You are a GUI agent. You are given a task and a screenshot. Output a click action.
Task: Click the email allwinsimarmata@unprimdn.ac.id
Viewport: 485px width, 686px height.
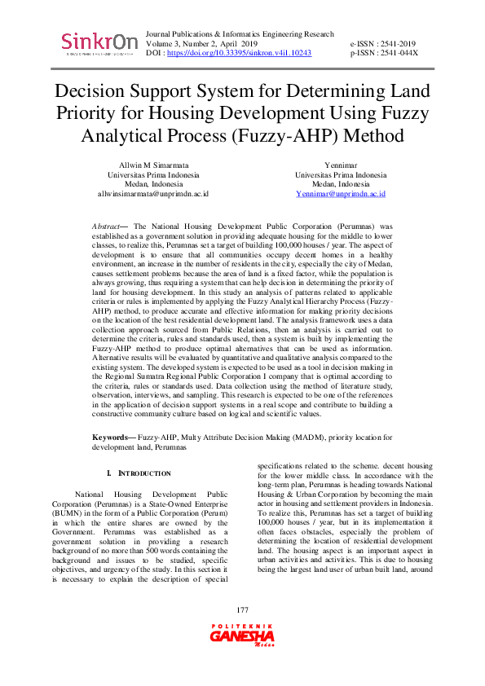click(x=153, y=194)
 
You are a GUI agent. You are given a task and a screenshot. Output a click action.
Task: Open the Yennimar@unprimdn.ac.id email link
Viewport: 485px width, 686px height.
click(x=341, y=194)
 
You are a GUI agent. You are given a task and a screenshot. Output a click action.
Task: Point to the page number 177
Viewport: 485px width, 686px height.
click(x=242, y=633)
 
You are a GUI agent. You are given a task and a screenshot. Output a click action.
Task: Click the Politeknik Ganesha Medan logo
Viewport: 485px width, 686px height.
click(x=242, y=655)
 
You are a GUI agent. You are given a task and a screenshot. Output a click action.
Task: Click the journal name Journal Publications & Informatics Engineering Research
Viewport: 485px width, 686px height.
click(x=239, y=34)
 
